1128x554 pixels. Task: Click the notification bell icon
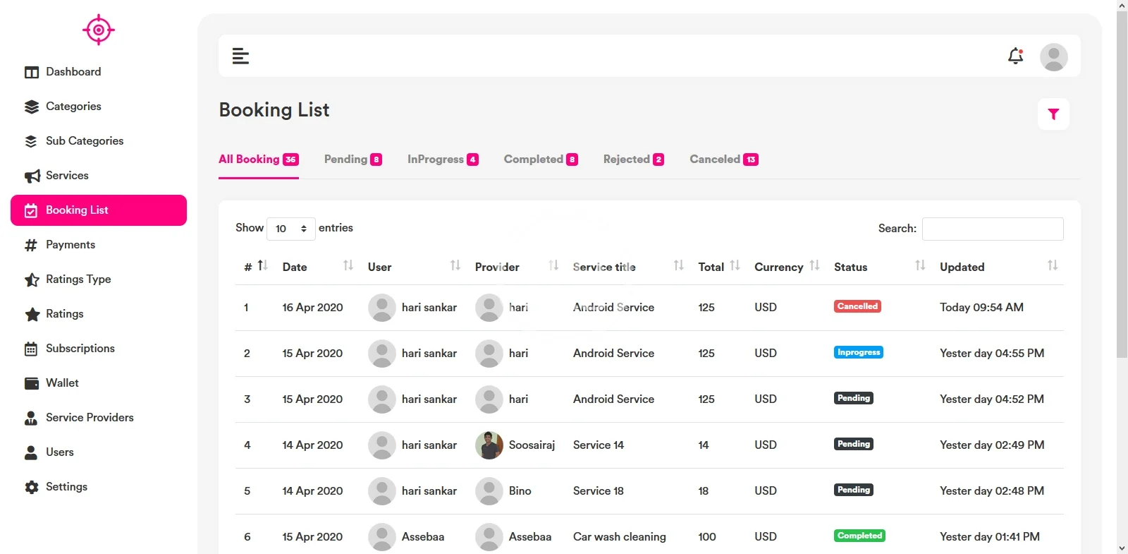pos(1015,56)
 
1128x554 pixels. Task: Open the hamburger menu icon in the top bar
pos(240,56)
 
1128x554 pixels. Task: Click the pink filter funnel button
pos(1053,114)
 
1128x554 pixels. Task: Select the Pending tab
pos(352,159)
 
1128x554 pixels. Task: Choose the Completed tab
pos(540,159)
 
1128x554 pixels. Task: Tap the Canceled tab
pos(723,159)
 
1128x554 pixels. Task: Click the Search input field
pos(993,229)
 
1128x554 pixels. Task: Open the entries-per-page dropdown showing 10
pos(290,229)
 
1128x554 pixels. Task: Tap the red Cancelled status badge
pos(857,306)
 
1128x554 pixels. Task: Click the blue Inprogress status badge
pos(858,352)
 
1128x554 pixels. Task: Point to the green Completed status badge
pos(859,536)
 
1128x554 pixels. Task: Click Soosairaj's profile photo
pos(489,445)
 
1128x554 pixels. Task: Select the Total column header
pos(711,267)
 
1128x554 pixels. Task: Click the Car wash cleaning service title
pos(620,537)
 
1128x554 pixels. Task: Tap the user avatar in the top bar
pos(1053,56)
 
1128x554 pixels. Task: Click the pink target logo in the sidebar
pos(99,30)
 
